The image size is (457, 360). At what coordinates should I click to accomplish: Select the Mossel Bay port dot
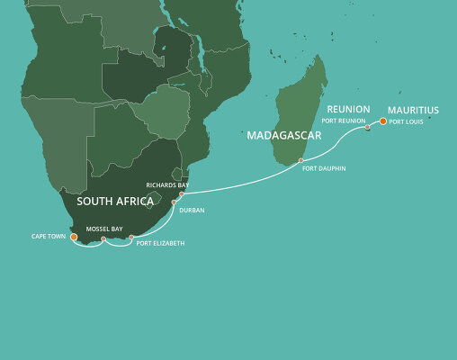[x=103, y=239]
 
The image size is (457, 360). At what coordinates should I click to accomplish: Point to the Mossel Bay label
[x=103, y=229]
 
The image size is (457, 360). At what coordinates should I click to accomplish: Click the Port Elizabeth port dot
[x=131, y=238]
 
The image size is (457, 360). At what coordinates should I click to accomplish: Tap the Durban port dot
[x=174, y=203]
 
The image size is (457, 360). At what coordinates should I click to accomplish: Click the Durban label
[x=193, y=210]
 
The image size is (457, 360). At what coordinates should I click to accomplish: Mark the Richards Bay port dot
[x=181, y=193]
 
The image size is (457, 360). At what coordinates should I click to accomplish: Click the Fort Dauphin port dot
[x=302, y=162]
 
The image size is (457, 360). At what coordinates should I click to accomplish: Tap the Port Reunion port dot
[x=367, y=128]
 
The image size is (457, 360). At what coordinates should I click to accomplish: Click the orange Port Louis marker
[x=382, y=121]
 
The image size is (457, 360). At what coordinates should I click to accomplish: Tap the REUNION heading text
[x=348, y=109]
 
